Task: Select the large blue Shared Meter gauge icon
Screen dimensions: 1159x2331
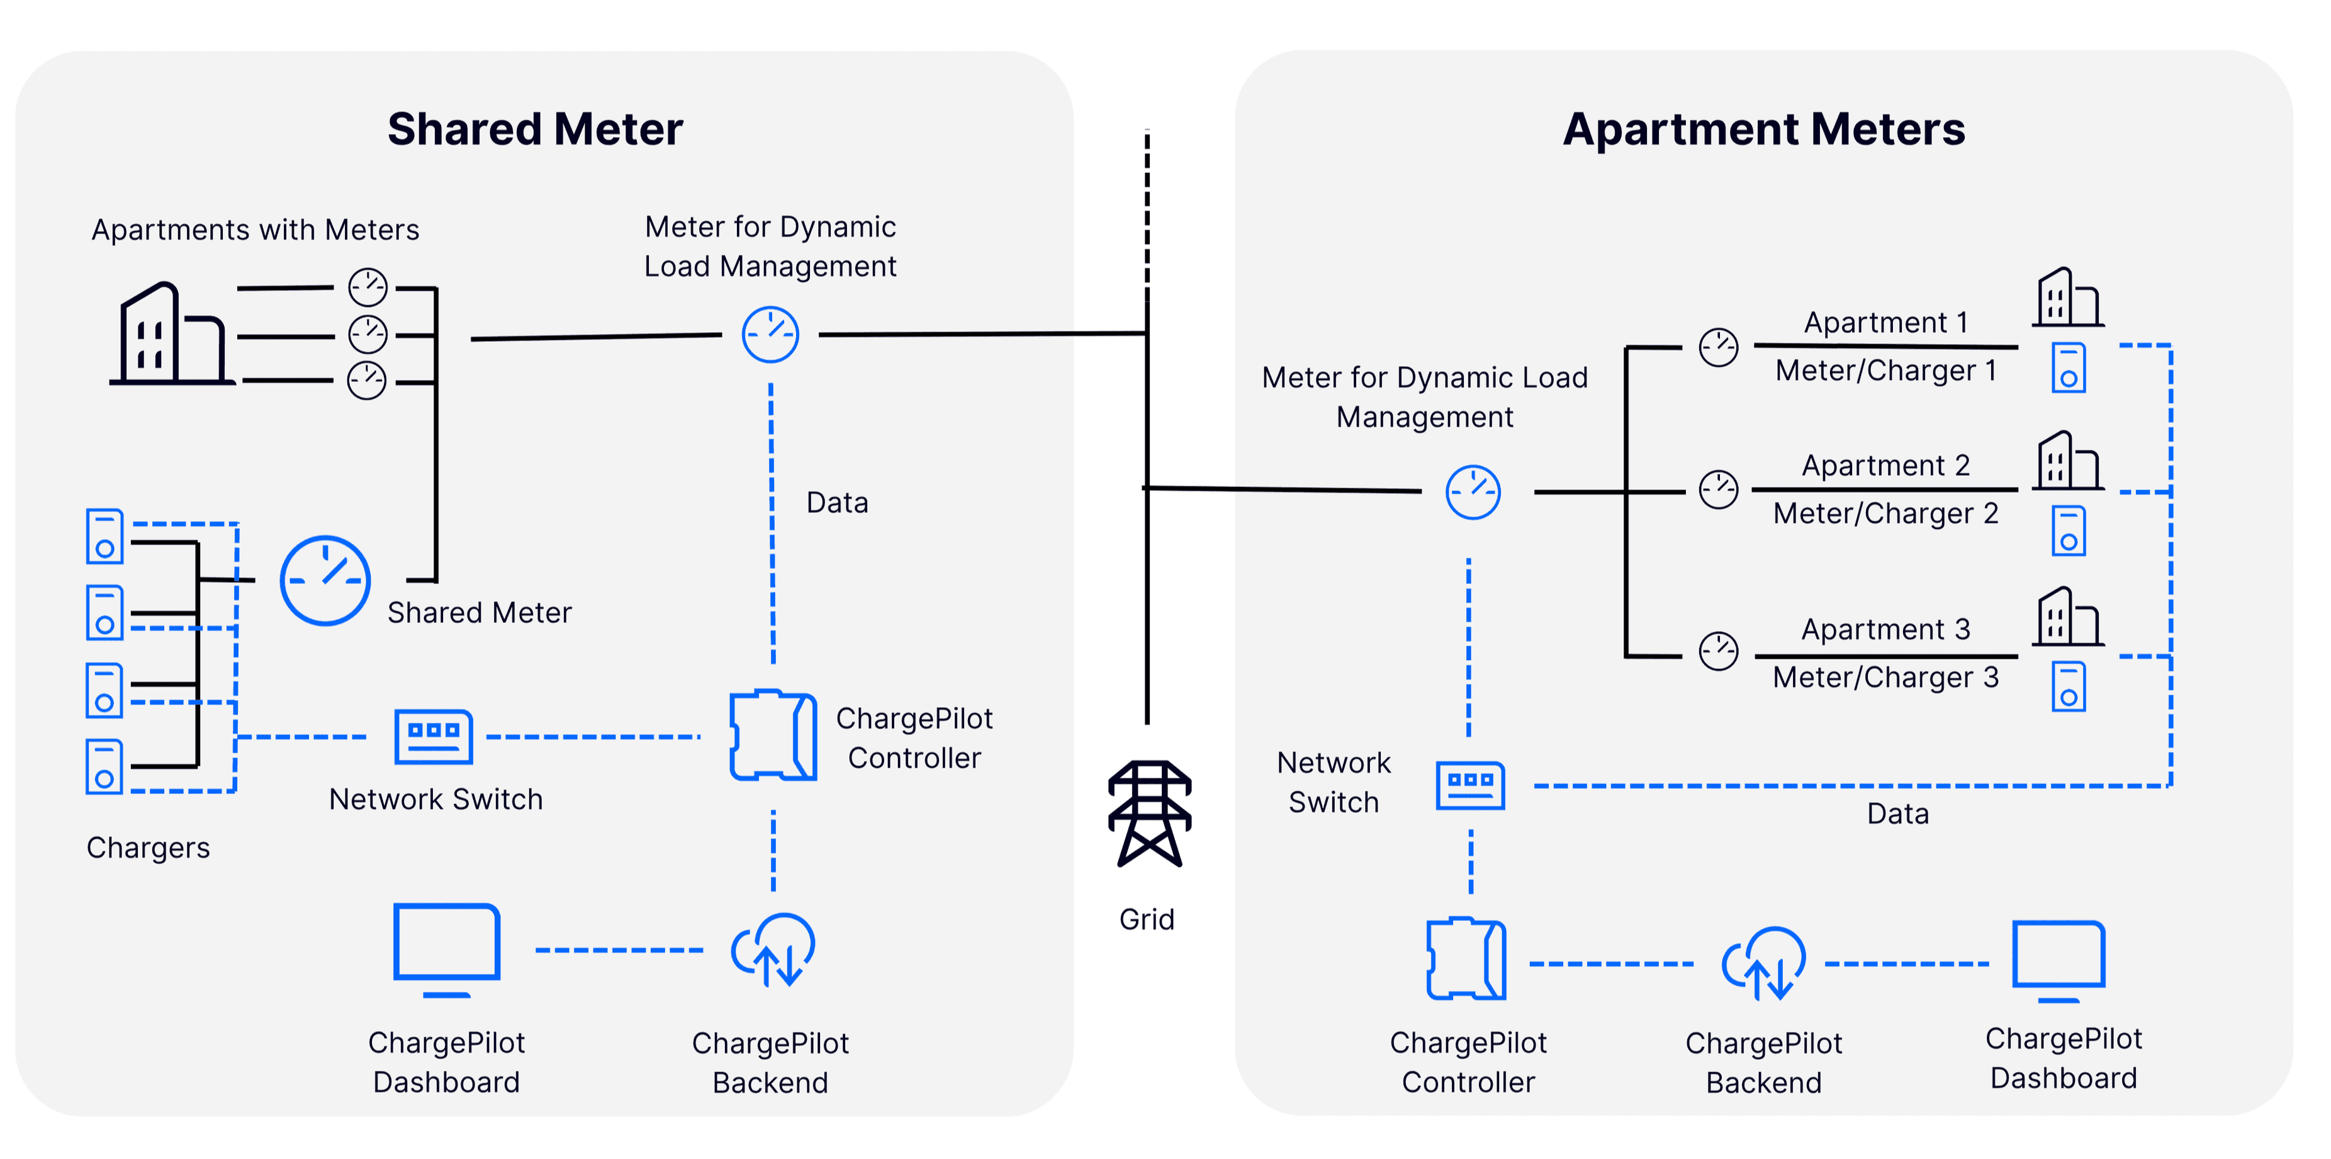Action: (x=325, y=580)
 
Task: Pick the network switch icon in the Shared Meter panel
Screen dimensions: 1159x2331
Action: (x=434, y=736)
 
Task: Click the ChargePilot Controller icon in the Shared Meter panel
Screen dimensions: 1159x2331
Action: (x=773, y=735)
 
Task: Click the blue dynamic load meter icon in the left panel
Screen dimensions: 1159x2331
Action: (x=770, y=335)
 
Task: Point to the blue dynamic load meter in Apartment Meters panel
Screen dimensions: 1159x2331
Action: (x=1472, y=492)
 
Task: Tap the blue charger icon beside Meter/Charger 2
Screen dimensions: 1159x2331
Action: (x=2069, y=531)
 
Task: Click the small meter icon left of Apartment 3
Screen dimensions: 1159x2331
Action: (x=1719, y=651)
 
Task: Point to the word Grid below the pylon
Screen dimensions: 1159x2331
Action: (x=1147, y=919)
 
